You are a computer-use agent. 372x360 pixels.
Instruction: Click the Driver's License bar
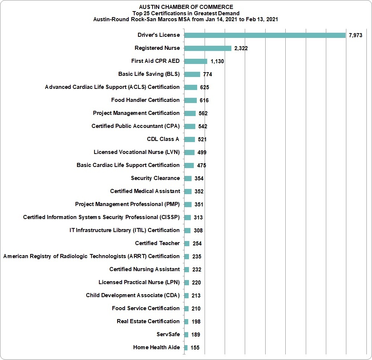tap(265, 35)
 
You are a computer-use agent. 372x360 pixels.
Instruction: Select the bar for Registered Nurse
tap(208, 48)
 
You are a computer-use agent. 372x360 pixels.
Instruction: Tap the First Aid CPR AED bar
tap(196, 61)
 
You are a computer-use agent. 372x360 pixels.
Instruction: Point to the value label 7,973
tap(355, 35)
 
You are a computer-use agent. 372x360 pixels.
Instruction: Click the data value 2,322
tap(241, 48)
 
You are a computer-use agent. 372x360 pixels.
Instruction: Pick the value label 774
tap(208, 74)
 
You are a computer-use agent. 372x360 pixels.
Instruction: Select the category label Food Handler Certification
tap(145, 100)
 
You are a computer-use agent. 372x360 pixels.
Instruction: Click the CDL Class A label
tap(163, 139)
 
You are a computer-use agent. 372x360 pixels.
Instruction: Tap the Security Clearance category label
tap(155, 178)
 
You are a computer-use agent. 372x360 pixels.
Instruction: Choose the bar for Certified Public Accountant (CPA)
tap(190, 126)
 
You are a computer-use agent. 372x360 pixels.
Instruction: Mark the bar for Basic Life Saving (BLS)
tap(192, 74)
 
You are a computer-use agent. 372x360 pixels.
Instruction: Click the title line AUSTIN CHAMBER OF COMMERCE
tap(186, 7)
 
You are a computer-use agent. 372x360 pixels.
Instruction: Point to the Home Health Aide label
tap(157, 347)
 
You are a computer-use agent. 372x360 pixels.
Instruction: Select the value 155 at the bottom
tap(195, 348)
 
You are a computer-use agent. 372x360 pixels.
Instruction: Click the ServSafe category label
tap(168, 334)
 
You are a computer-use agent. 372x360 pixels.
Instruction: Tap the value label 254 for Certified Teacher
tap(197, 244)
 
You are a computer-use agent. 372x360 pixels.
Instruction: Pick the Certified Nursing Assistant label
tap(144, 269)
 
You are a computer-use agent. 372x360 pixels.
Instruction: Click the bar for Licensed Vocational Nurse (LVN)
tap(189, 152)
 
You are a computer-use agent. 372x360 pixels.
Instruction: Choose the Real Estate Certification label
tap(148, 321)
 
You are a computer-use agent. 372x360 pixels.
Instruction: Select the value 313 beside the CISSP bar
tap(198, 218)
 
